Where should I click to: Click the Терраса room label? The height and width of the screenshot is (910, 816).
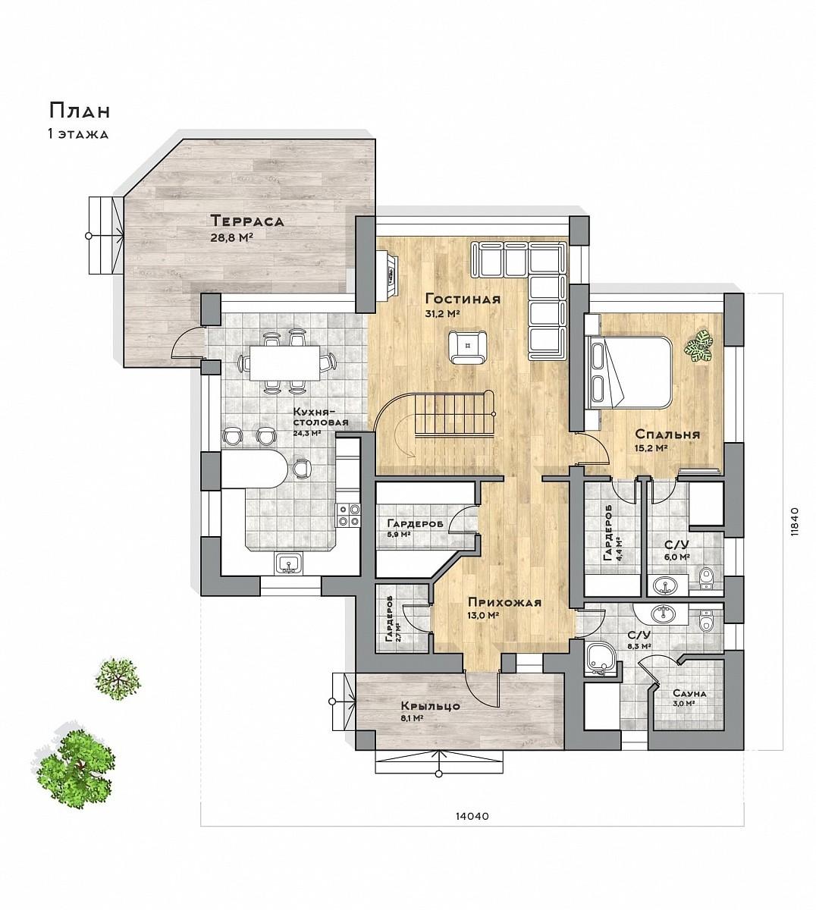tap(247, 221)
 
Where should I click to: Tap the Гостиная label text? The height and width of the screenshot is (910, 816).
tap(463, 299)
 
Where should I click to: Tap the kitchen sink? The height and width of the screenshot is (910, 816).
tap(288, 563)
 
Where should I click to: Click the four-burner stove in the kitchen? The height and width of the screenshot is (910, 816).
tap(348, 515)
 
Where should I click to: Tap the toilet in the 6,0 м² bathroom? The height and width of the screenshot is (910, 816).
tap(706, 579)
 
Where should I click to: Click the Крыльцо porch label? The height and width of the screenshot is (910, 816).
tap(431, 706)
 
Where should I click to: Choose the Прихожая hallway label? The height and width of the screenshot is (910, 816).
tap(504, 602)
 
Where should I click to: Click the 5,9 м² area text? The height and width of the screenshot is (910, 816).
tap(398, 535)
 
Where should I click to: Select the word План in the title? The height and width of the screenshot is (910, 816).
tap(80, 111)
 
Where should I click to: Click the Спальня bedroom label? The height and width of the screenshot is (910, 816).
tap(667, 434)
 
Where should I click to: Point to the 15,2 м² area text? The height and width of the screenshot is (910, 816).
tap(650, 448)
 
